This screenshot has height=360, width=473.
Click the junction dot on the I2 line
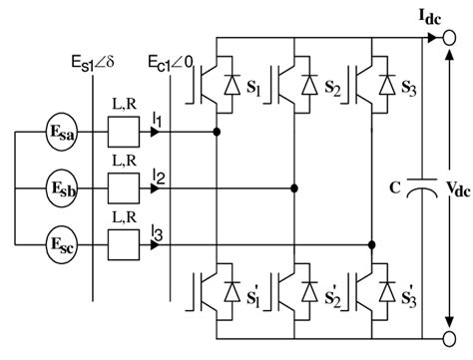293,186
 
